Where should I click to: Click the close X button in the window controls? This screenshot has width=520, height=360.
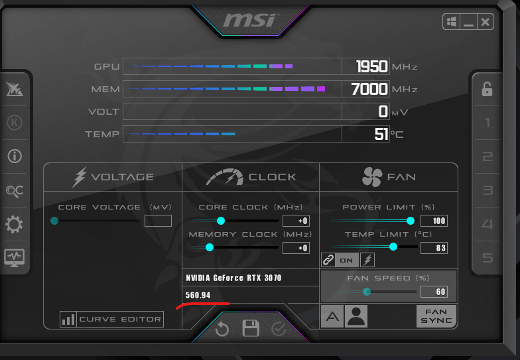(x=486, y=23)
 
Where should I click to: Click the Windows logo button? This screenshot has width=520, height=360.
(x=451, y=23)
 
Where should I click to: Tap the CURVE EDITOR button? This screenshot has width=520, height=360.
(x=111, y=320)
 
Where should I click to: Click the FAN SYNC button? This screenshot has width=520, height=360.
(x=436, y=316)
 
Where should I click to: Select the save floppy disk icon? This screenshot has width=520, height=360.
(x=251, y=328)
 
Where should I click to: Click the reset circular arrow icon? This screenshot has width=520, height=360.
(x=222, y=329)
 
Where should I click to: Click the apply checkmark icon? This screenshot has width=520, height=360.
(x=279, y=329)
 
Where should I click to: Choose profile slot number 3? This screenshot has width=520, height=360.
(x=487, y=190)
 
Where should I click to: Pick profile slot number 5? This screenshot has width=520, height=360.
(x=487, y=257)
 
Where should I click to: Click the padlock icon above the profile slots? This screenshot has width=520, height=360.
(x=487, y=90)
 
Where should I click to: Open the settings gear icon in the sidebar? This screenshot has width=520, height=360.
(x=15, y=224)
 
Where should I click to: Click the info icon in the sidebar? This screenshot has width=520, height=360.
(x=15, y=156)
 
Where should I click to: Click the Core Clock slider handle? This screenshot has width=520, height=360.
(x=220, y=221)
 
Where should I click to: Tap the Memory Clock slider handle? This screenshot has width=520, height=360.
(x=210, y=247)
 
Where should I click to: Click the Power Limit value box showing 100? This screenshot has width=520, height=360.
(x=434, y=221)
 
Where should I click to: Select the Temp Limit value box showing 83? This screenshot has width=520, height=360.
(x=434, y=248)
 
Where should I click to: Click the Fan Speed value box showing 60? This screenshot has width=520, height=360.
(x=434, y=292)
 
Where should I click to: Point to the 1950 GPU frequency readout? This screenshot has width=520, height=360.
(x=371, y=66)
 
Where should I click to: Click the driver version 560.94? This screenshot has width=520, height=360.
(x=198, y=295)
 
